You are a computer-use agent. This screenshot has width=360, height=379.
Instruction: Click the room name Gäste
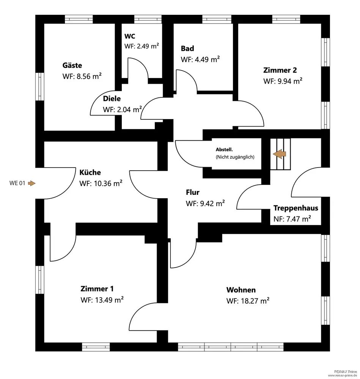[72, 66]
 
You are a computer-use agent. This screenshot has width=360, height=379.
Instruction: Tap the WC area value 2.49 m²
[141, 46]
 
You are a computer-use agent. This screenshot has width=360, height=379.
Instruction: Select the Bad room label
[187, 49]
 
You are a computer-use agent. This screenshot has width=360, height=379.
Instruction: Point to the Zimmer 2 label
[280, 70]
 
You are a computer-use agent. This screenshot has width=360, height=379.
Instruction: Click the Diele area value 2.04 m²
[122, 110]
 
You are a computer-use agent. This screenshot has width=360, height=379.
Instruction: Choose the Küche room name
[90, 172]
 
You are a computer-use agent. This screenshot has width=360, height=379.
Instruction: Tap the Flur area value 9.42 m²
[205, 204]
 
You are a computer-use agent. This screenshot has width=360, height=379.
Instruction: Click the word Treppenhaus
[296, 208]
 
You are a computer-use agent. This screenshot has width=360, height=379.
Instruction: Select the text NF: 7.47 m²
[292, 219]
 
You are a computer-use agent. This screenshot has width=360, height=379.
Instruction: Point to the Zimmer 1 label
[97, 289]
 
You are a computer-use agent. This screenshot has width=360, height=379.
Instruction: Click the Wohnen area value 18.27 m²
[248, 301]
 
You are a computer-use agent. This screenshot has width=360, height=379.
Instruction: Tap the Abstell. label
[224, 150]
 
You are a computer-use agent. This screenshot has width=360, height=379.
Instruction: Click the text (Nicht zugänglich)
[235, 157]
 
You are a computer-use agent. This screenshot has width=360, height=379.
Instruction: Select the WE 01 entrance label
[17, 183]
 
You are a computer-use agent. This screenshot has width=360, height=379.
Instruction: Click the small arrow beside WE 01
[31, 183]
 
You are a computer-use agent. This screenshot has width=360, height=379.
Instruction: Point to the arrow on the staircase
[280, 154]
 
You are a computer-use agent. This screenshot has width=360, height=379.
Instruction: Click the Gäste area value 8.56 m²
[82, 76]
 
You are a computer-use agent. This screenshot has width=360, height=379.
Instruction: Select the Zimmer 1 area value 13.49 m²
[102, 300]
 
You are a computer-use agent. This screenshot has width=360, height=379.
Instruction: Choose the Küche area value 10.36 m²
[101, 183]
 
